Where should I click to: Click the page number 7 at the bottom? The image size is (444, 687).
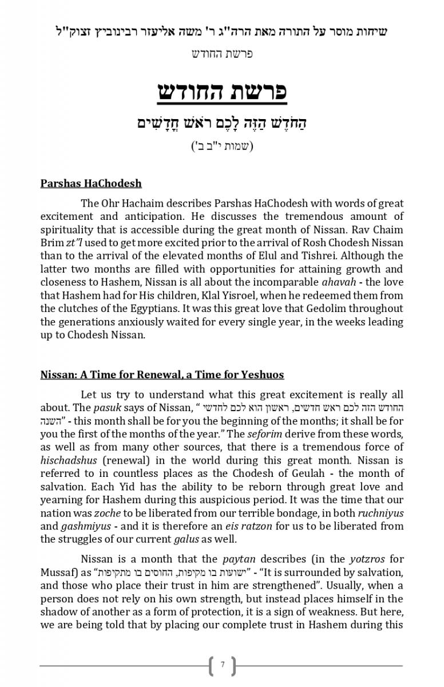point(222,665)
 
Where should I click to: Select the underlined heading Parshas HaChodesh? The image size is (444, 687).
point(91,184)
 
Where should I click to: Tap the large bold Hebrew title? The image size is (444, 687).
point(222,92)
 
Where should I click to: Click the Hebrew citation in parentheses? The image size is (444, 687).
point(222,145)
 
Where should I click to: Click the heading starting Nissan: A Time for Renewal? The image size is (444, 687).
point(162,375)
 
